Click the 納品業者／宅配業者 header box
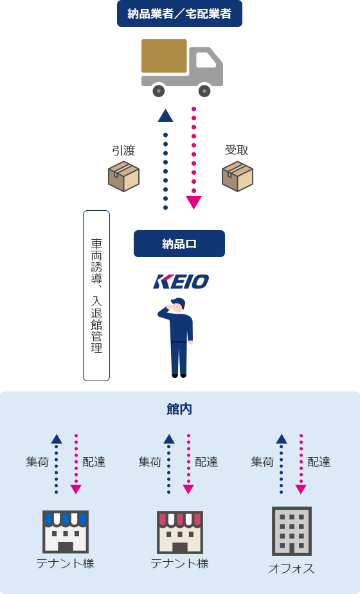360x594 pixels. coord(179,14)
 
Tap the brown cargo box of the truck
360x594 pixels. coord(164,56)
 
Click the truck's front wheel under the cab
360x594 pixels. coord(204,91)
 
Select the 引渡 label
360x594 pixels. coord(123,150)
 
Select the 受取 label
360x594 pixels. coord(237,150)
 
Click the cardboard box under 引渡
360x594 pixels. coord(123,176)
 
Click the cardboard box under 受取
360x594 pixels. coord(237,176)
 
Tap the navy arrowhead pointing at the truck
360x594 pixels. coord(165,116)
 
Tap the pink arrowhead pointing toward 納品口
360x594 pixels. coord(194,203)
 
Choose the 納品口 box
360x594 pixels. coord(179,244)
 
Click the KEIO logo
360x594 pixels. coord(181,282)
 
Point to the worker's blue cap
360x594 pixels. coord(178,301)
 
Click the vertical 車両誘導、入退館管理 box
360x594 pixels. coord(96,296)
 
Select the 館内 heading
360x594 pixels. coord(179,409)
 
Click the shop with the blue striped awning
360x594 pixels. coord(66,532)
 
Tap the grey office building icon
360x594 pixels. coord(292,531)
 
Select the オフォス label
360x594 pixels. coord(291,568)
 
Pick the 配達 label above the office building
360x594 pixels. coord(319,462)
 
